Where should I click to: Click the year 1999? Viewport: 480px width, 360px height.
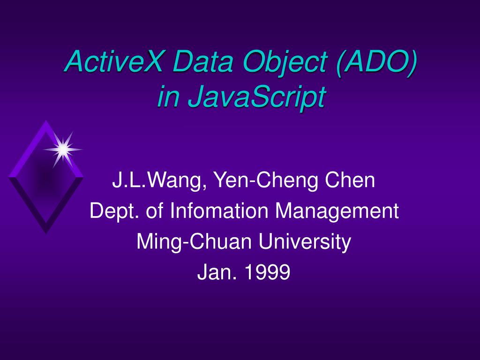tap(267, 272)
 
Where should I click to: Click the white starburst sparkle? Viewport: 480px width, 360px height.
tap(63, 149)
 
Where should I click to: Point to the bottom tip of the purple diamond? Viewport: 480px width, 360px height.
tap(46, 234)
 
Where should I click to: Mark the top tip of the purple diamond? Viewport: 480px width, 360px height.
tap(46, 120)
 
